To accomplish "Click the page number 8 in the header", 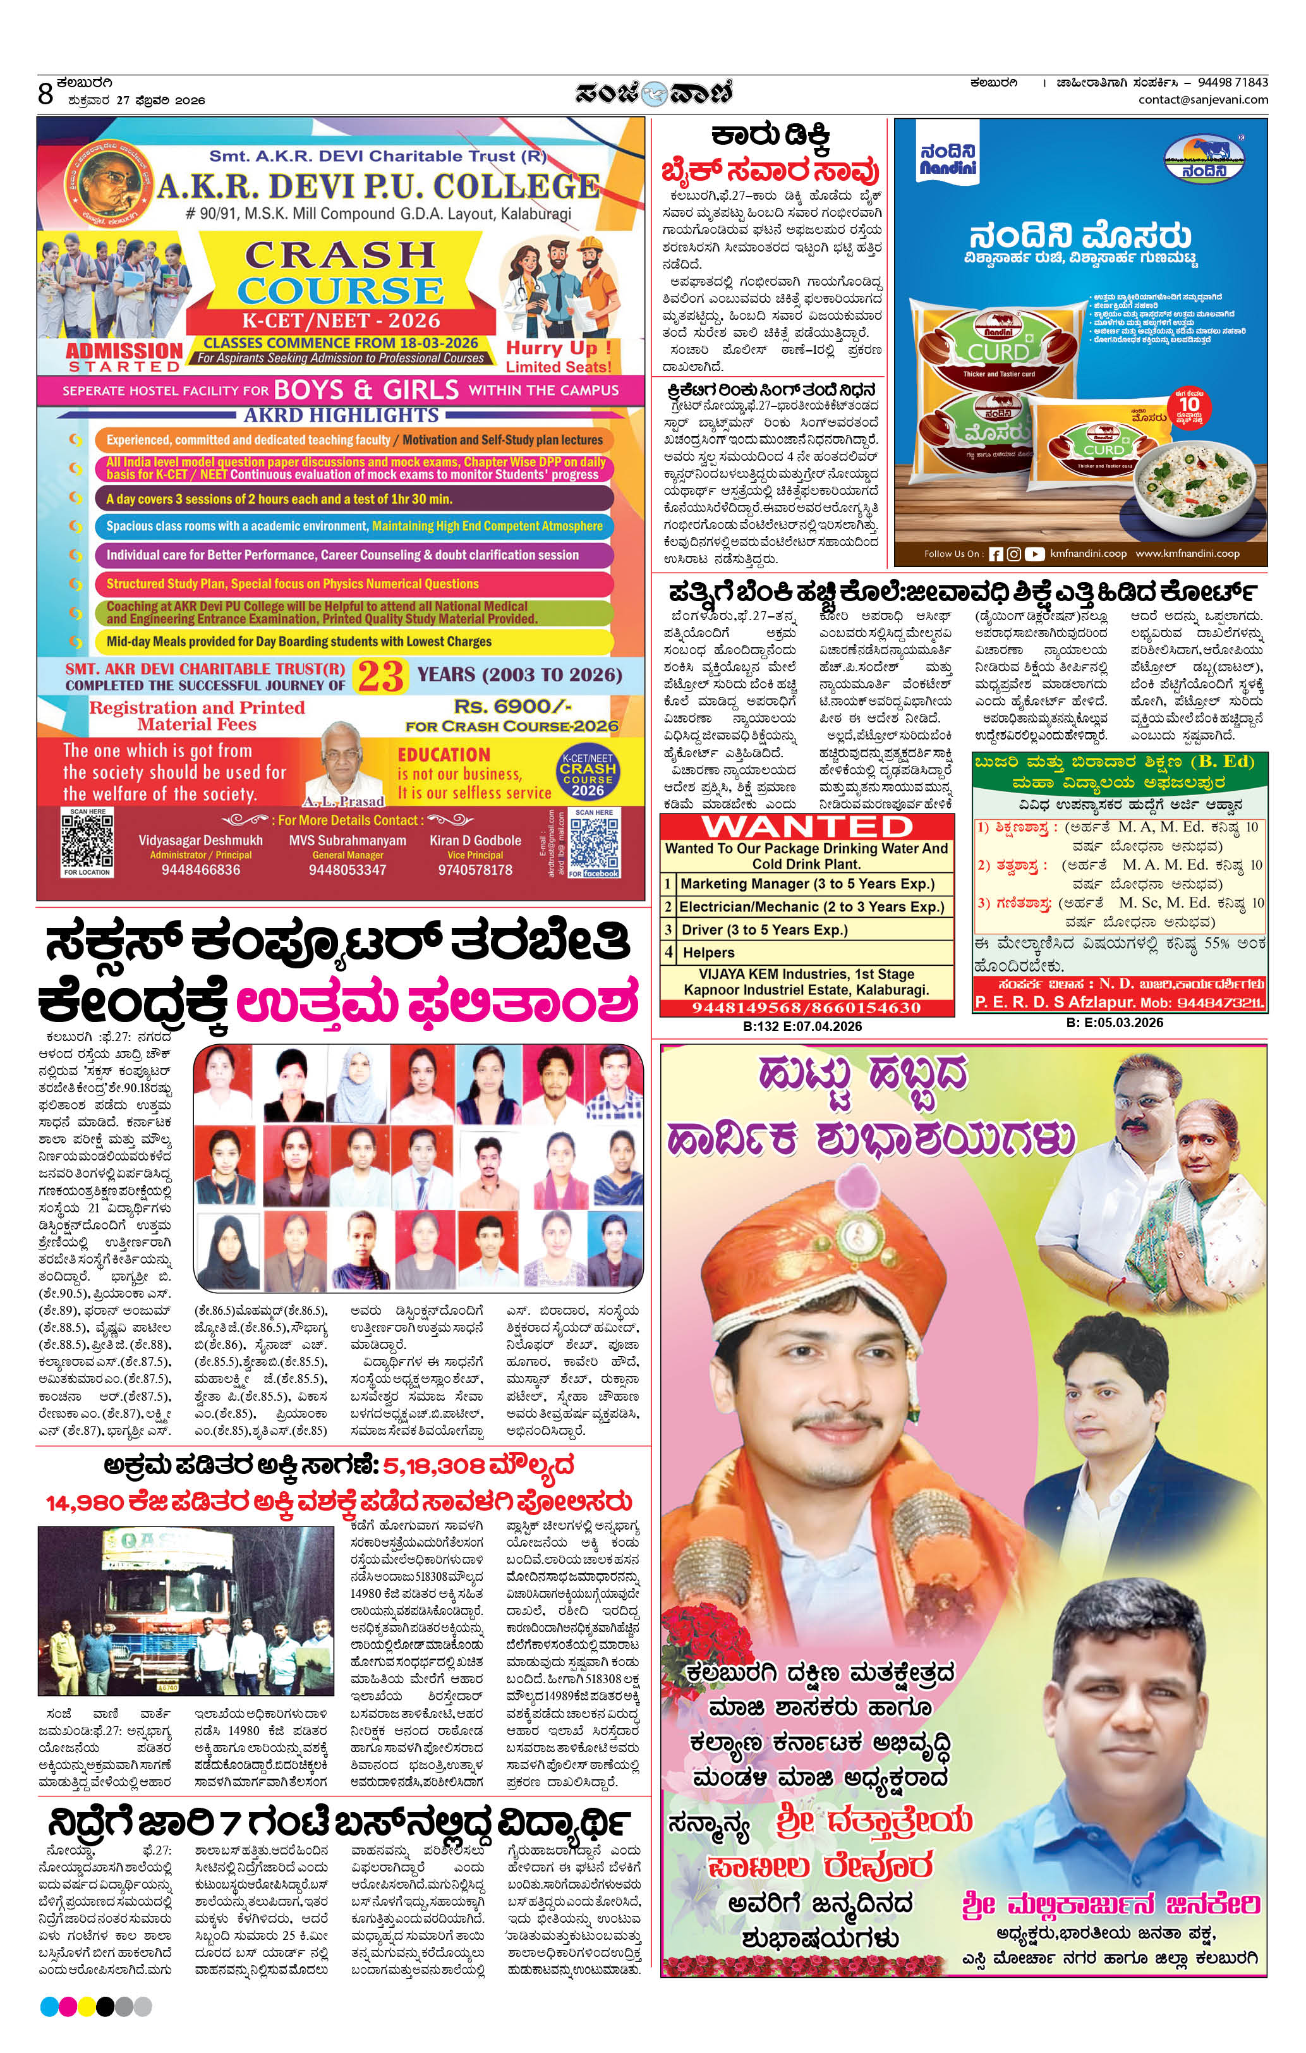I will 46,93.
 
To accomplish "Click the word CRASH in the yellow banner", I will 339,255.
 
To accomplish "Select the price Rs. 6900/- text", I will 512,707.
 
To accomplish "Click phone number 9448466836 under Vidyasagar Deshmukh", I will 200,870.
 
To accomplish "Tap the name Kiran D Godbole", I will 475,840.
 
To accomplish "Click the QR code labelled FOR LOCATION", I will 87,840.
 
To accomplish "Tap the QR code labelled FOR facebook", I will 593,843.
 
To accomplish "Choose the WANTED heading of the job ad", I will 806,827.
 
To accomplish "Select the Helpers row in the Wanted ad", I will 708,953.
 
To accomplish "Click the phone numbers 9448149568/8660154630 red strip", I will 806,1008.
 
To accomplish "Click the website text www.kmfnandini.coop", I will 1187,553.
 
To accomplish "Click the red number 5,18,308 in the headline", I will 433,1466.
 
